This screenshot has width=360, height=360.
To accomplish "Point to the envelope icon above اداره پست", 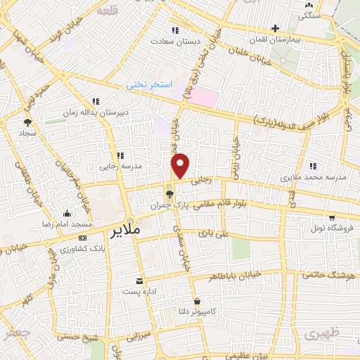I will pyautogui.click(x=140, y=280).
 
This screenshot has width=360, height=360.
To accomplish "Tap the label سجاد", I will pyautogui.click(x=27, y=133).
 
